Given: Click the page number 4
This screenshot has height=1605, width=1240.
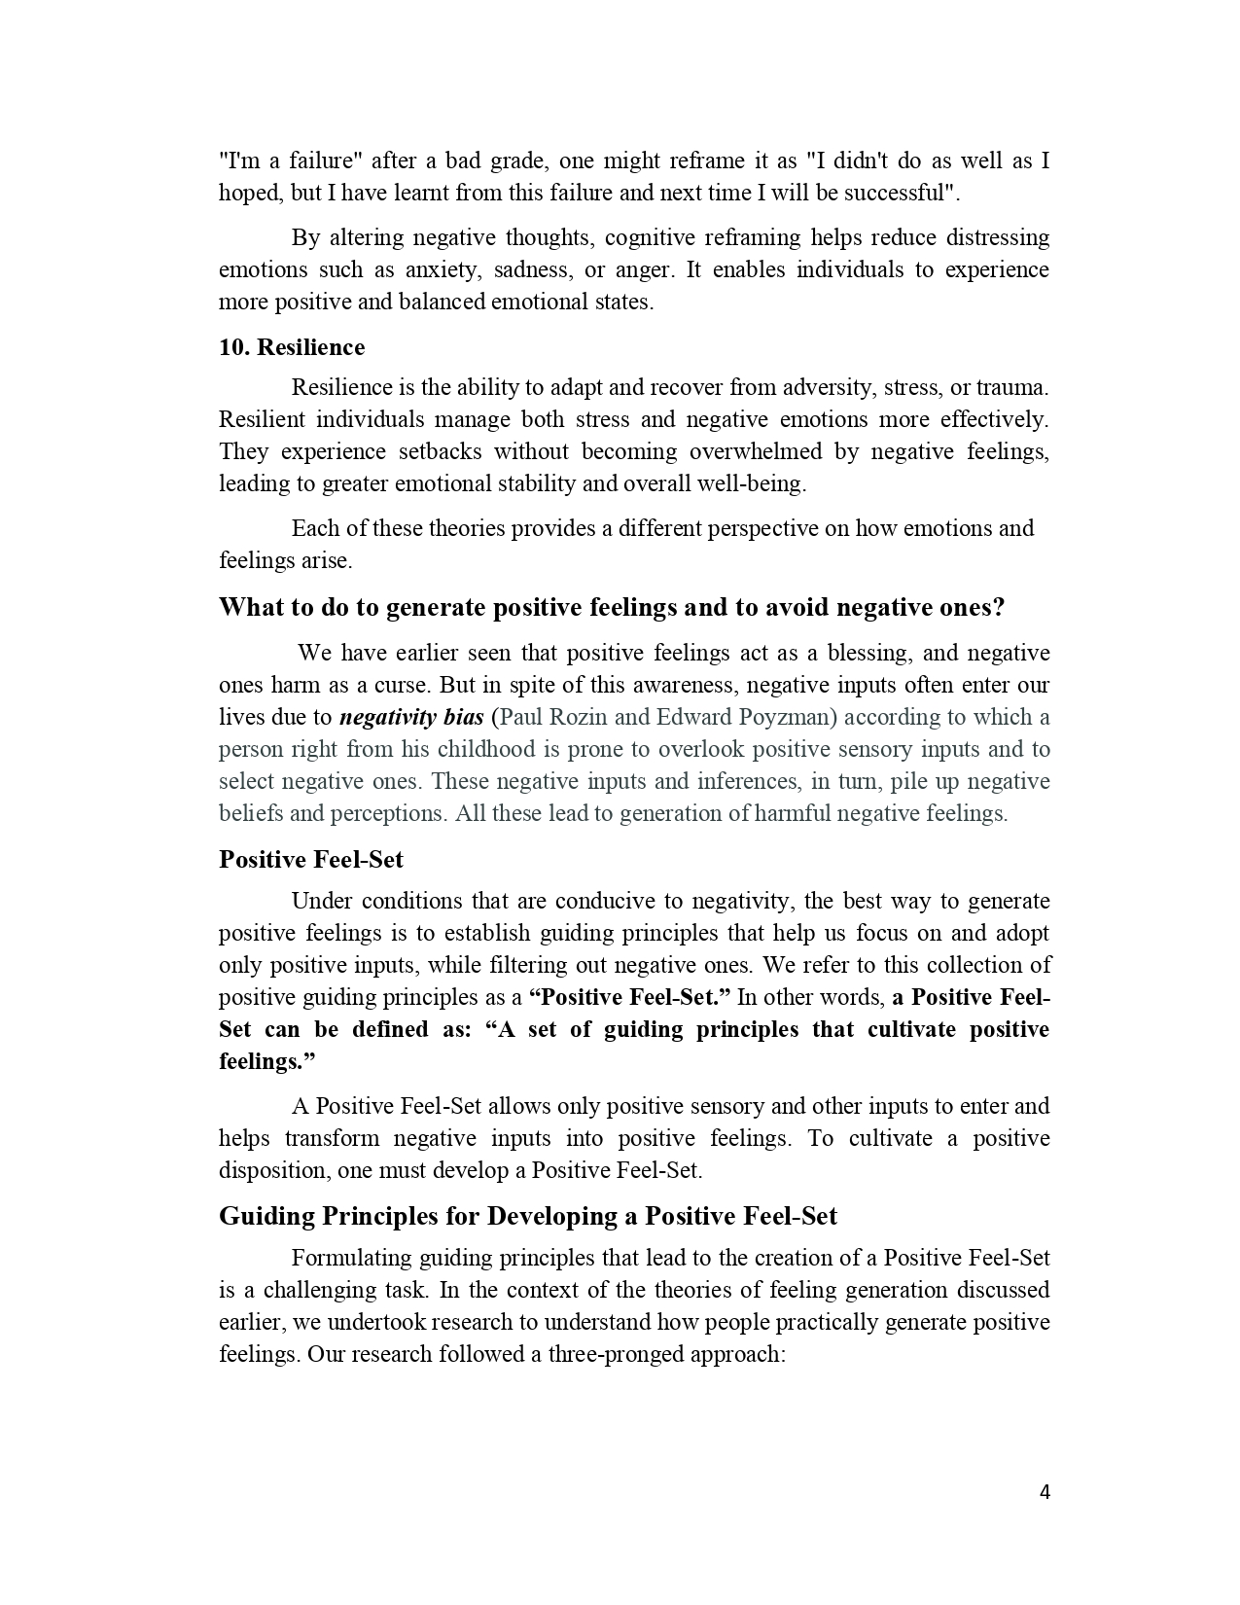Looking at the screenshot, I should click(1045, 1492).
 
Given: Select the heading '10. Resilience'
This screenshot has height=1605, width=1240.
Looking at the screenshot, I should click(292, 347).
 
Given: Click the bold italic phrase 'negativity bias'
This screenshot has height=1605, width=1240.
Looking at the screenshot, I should click(411, 717).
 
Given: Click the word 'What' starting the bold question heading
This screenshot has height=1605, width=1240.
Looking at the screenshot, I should click(250, 607).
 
